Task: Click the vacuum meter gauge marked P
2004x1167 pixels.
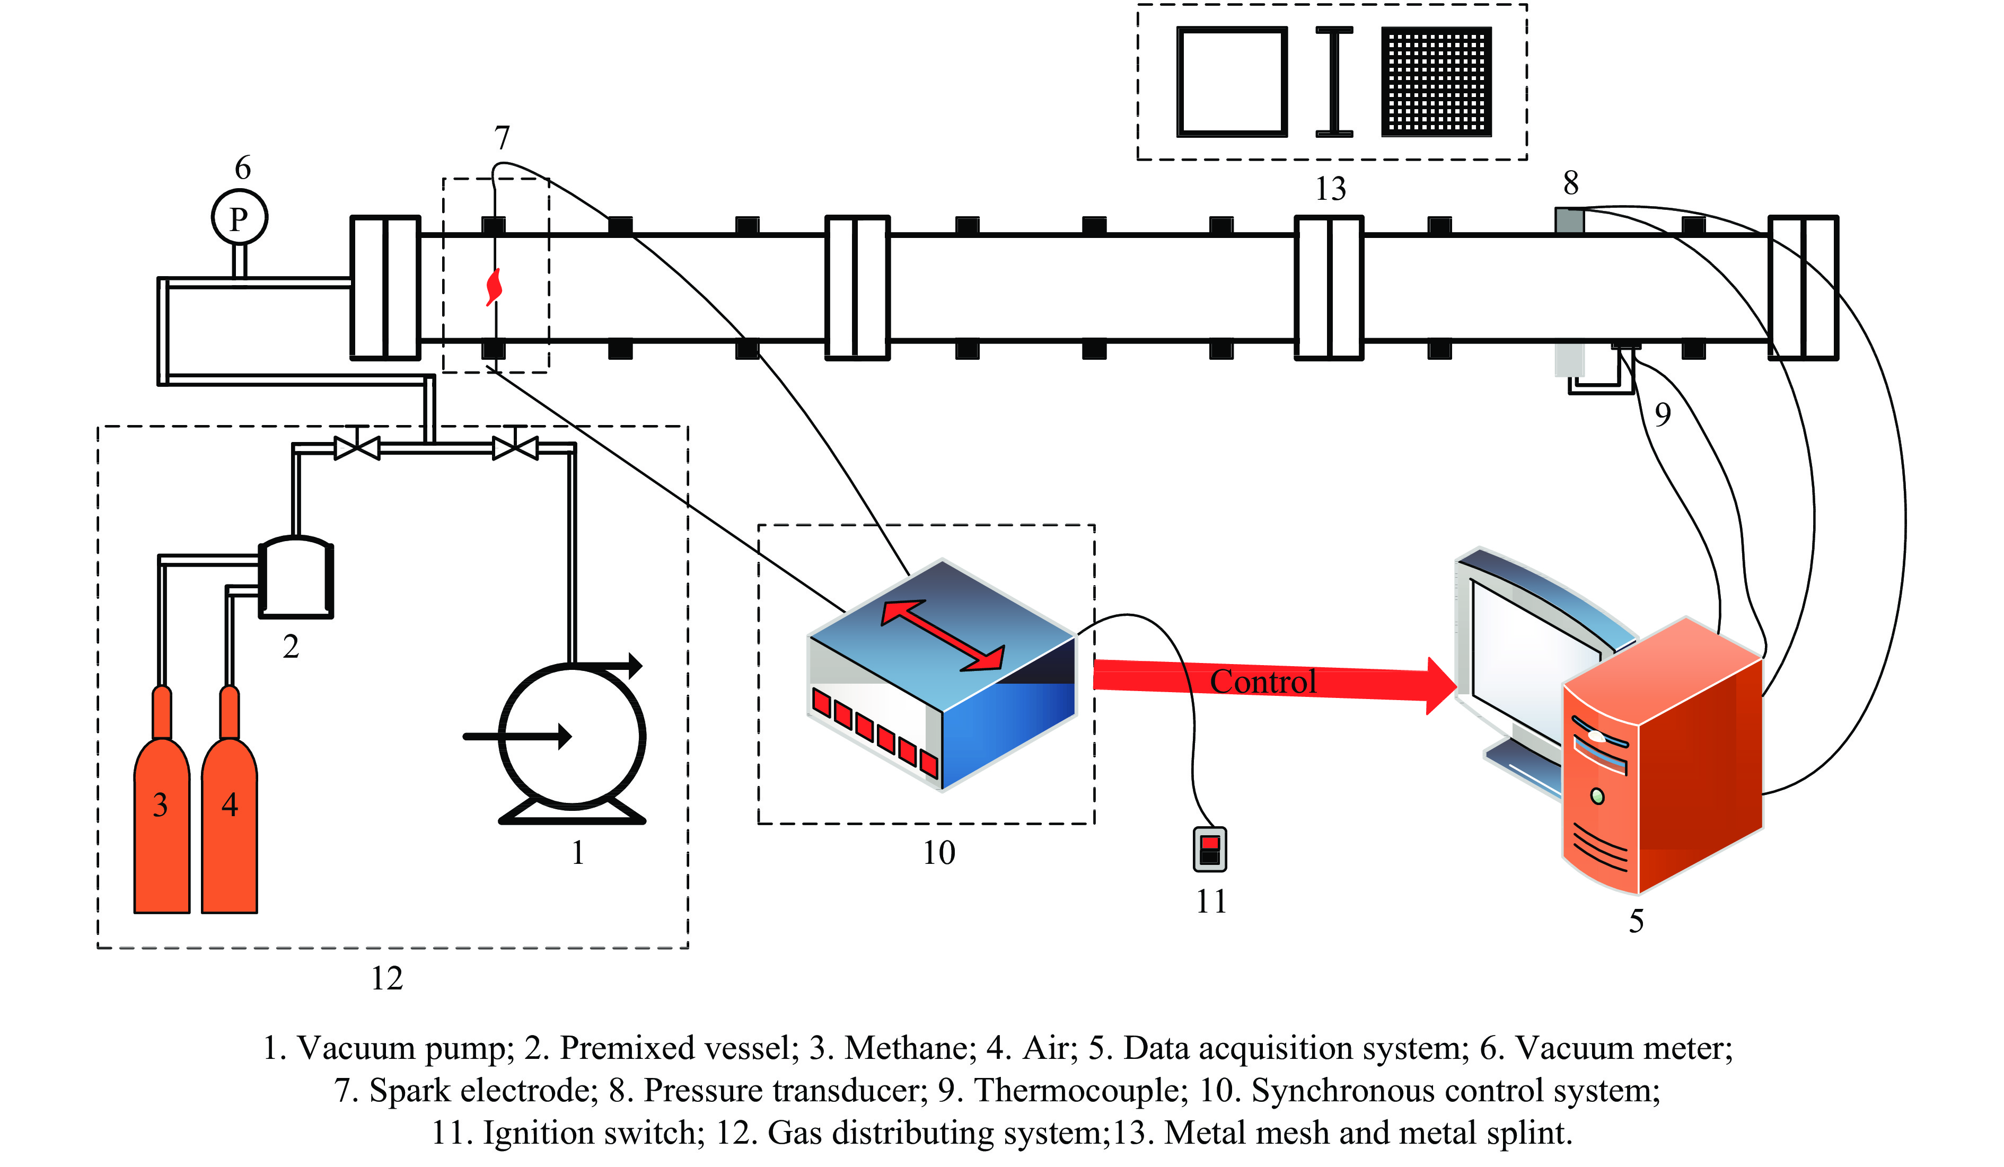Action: click(x=240, y=218)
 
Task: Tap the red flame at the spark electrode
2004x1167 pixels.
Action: click(x=494, y=287)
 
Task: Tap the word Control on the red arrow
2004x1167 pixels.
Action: click(x=1263, y=682)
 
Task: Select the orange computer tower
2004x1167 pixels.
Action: click(x=1662, y=763)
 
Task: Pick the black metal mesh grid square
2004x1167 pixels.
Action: click(x=1436, y=82)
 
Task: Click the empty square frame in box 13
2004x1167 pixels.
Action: click(x=1232, y=82)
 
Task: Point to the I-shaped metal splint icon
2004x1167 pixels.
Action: click(x=1334, y=82)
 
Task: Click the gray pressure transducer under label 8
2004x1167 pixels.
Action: click(x=1569, y=220)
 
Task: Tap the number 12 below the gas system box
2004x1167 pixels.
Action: click(x=387, y=978)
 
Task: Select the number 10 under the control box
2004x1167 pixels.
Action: click(x=938, y=853)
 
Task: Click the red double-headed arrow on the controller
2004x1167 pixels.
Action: click(x=943, y=636)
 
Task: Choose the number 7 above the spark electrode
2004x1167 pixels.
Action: click(x=502, y=138)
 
